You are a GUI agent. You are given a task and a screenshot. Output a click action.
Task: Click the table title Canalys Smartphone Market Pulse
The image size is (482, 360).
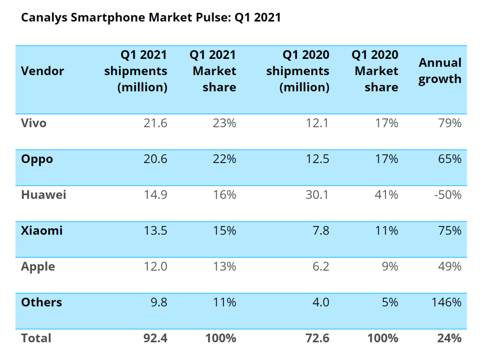[x=151, y=18]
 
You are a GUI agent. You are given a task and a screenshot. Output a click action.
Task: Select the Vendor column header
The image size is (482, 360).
[x=42, y=71]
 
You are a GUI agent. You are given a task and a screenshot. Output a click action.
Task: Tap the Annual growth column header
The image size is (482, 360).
[x=440, y=71]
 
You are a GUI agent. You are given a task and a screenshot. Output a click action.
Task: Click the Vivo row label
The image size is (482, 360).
[x=33, y=123]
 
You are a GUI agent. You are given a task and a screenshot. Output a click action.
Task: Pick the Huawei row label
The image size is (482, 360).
[x=43, y=195]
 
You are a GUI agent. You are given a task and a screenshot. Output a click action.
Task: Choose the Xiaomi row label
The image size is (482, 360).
[x=42, y=230]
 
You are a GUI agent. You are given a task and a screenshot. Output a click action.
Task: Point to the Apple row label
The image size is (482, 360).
[x=38, y=267]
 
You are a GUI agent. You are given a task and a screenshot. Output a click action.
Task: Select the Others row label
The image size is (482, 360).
[x=41, y=302]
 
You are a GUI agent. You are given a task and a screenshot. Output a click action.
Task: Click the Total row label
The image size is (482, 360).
[x=36, y=338]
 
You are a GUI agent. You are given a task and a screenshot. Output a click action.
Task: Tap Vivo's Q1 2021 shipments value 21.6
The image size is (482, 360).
[x=155, y=123]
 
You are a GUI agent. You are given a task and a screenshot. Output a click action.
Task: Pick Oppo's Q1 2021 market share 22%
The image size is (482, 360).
[x=224, y=159]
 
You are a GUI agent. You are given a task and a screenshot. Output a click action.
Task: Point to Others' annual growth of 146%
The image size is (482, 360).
[x=446, y=302]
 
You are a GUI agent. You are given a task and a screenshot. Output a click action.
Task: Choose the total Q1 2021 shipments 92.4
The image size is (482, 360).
[x=154, y=338]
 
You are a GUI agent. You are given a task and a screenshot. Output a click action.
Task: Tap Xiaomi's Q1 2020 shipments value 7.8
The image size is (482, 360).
[x=320, y=230]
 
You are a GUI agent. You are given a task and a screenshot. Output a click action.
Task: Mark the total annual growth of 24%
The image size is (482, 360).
[x=449, y=338]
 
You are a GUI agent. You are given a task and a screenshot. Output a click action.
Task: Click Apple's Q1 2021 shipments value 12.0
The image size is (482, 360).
[x=155, y=267]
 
